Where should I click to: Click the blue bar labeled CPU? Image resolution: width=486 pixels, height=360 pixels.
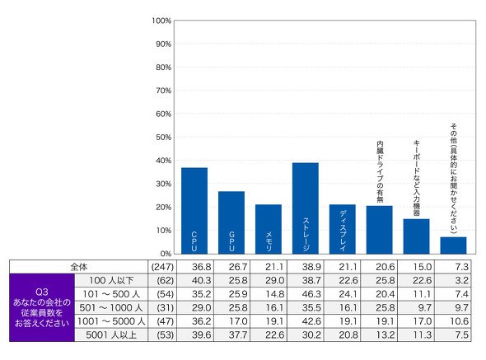click(194, 211)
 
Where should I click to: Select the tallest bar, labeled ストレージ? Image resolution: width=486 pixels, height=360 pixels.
click(306, 208)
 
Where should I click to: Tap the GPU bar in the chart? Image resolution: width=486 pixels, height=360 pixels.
click(231, 222)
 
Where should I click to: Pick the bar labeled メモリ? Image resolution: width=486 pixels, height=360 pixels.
click(269, 229)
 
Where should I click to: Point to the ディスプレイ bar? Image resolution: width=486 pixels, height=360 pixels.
click(343, 229)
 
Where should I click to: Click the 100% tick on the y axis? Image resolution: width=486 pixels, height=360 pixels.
click(161, 21)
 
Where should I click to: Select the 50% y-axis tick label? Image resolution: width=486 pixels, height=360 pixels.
click(163, 137)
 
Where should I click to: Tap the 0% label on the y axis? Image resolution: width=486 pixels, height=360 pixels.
click(166, 254)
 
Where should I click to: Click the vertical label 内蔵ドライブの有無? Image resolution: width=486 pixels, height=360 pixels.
click(380, 171)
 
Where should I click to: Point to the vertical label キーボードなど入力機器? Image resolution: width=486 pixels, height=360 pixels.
click(417, 178)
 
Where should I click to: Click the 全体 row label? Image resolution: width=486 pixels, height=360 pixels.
click(79, 267)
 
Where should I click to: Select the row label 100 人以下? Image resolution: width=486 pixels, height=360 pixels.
click(111, 281)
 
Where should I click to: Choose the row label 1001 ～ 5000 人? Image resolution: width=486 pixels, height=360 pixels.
click(111, 321)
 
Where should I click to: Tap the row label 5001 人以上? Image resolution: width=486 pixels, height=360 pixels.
click(111, 335)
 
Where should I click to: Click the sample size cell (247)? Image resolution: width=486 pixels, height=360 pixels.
click(162, 267)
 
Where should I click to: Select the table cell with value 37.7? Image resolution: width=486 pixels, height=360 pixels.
click(238, 335)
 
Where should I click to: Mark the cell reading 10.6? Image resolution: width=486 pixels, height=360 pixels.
click(460, 321)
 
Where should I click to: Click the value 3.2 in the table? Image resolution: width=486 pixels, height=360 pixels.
click(462, 281)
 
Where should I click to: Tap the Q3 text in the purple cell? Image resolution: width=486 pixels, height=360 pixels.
click(42, 292)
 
